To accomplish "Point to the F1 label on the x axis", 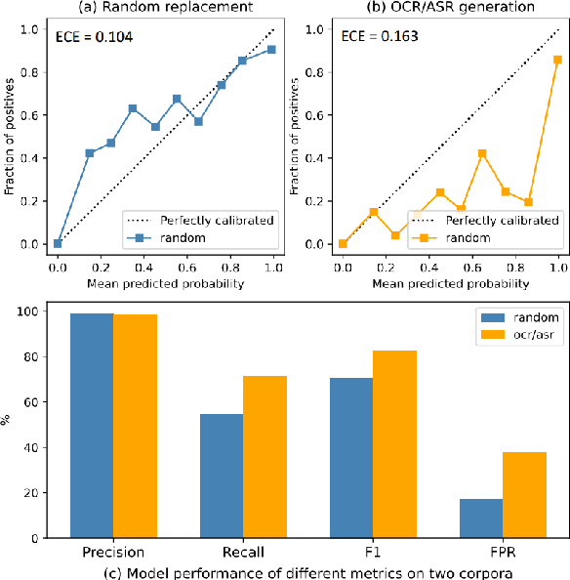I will click(x=372, y=552).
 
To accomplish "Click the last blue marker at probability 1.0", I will click(x=270, y=49).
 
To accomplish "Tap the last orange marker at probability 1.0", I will click(x=556, y=60).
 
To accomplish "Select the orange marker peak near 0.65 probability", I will click(x=482, y=153).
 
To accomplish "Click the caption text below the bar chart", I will click(x=285, y=570).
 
